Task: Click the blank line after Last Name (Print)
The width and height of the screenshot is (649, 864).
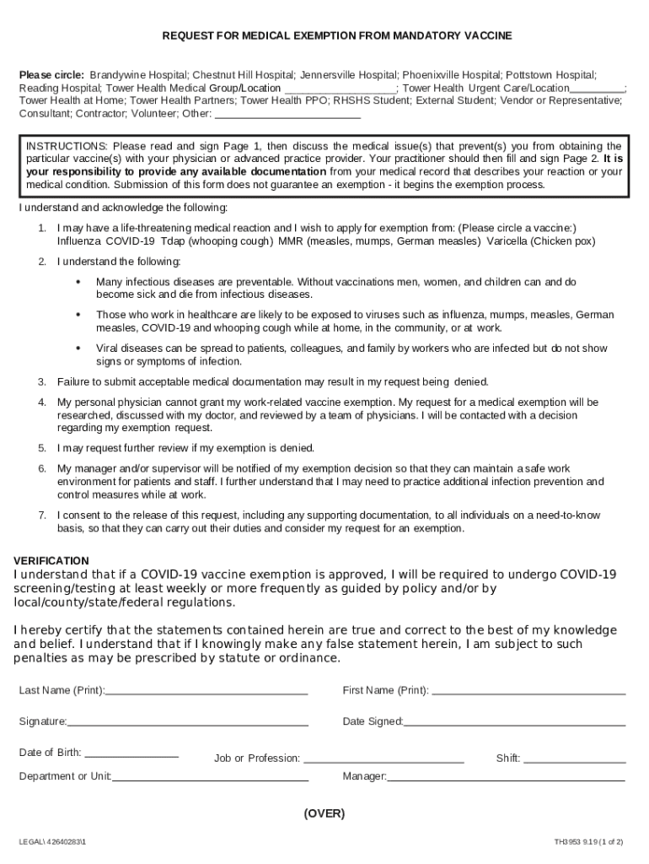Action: (x=206, y=691)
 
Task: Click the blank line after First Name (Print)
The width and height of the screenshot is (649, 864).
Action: (x=528, y=691)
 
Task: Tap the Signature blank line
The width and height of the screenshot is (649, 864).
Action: (x=188, y=722)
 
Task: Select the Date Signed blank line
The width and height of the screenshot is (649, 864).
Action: (x=515, y=722)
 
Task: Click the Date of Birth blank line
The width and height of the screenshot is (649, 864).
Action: (x=131, y=753)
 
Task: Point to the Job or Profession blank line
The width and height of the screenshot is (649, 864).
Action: (x=383, y=759)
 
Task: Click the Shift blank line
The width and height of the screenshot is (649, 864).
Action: (x=575, y=759)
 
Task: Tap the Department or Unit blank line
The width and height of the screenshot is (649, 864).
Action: (x=210, y=777)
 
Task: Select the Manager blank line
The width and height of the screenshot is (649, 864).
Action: (x=506, y=777)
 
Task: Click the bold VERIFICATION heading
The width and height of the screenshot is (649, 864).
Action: (x=51, y=560)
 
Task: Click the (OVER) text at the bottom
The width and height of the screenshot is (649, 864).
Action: (x=324, y=813)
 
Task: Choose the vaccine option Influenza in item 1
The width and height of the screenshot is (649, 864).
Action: (x=78, y=240)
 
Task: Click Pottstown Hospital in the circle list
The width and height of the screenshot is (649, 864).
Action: (x=550, y=75)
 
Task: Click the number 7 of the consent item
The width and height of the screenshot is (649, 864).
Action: (x=42, y=515)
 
